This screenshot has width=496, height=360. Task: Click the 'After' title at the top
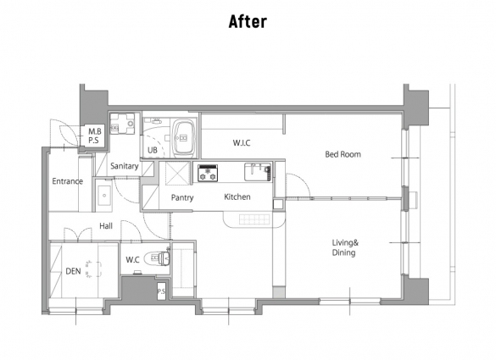(248, 21)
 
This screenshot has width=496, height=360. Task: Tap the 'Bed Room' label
(343, 154)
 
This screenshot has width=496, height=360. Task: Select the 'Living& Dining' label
(345, 247)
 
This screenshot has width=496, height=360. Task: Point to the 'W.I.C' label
(242, 143)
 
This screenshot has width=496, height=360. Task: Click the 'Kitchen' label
(237, 197)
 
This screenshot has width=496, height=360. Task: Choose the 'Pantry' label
(182, 198)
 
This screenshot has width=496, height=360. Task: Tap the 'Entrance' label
(67, 181)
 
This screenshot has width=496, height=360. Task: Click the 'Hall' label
(106, 226)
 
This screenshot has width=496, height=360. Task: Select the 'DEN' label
(73, 271)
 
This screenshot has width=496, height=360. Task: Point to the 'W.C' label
(132, 260)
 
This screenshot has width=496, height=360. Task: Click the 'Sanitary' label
(125, 166)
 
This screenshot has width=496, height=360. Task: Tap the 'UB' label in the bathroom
(153, 150)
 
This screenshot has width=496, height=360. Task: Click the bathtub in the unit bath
(183, 137)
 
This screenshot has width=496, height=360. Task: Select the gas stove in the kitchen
(208, 173)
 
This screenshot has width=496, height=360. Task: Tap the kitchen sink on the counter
(258, 172)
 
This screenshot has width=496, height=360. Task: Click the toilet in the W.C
(157, 258)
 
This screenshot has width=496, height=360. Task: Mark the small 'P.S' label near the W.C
(161, 291)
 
